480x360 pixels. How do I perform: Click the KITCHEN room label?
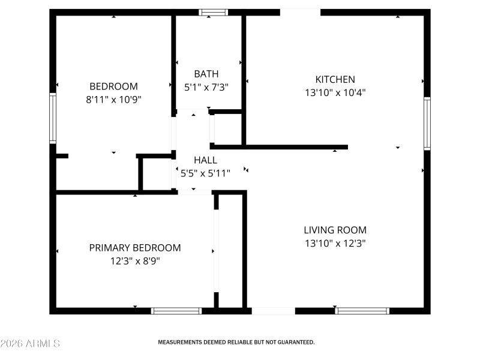335,79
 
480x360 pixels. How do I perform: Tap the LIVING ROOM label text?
335,230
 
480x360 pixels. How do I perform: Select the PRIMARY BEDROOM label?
135,248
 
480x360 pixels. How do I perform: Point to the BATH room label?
206,74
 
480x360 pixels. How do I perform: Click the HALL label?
205,161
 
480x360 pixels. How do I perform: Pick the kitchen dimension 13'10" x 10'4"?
335,93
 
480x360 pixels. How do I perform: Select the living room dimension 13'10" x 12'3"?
335,244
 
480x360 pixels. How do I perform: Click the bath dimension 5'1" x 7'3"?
206,88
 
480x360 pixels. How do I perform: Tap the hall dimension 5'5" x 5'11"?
205,174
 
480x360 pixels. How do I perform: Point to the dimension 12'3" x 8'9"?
135,261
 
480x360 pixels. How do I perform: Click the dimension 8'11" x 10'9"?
114,100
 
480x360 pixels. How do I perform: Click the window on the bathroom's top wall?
214,12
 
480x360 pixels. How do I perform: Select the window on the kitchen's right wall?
427,124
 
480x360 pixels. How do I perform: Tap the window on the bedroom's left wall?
53,118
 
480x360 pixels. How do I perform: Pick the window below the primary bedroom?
176,311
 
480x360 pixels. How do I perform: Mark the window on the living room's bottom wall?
362,311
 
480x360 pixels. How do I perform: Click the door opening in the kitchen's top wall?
300,12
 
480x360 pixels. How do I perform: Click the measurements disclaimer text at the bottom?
236,342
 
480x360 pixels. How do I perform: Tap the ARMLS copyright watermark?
30,344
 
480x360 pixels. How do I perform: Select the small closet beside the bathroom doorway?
225,128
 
